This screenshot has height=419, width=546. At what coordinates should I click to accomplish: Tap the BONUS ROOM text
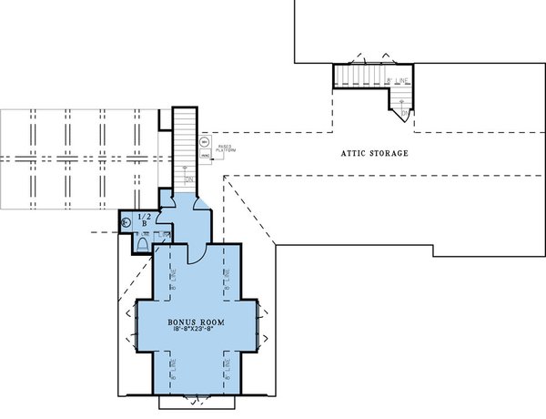[197, 323]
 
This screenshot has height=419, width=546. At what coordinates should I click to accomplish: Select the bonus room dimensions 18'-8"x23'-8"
[197, 333]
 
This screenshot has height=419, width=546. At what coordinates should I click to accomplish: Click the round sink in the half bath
[126, 220]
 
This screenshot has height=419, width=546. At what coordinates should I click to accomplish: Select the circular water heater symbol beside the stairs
[206, 143]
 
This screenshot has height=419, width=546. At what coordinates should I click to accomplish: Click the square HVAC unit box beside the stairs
[206, 157]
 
